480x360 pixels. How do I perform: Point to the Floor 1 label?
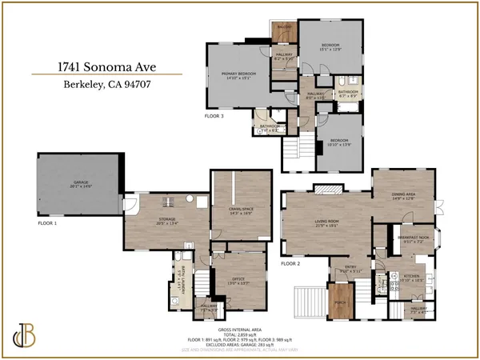48,223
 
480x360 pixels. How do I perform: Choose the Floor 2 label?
290,263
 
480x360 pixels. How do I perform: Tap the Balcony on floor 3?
284,29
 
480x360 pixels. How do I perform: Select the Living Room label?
326,224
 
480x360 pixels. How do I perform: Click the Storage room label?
166,221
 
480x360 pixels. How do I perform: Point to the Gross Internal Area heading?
239,329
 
